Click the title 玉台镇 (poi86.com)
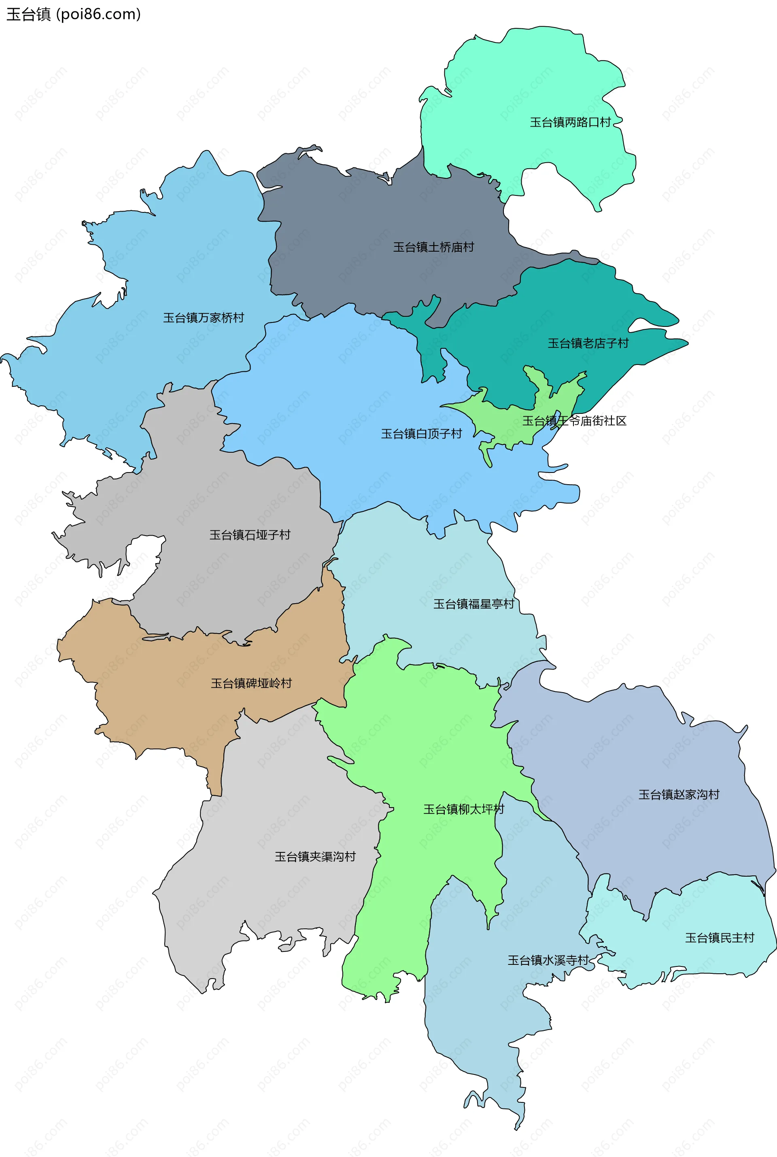click(x=73, y=14)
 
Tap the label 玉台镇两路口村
click(x=570, y=122)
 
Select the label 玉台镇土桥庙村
click(x=433, y=247)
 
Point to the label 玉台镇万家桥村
click(x=204, y=318)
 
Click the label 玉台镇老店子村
click(x=588, y=343)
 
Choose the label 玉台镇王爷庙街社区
click(x=574, y=420)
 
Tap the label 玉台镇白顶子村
click(x=421, y=433)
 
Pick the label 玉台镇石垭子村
click(x=250, y=534)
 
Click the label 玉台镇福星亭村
click(x=474, y=603)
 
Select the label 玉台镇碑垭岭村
click(x=251, y=683)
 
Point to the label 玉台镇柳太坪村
click(x=463, y=809)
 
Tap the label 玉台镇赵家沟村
click(x=678, y=794)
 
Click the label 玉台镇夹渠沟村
click(x=315, y=856)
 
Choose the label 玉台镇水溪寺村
click(x=548, y=960)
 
